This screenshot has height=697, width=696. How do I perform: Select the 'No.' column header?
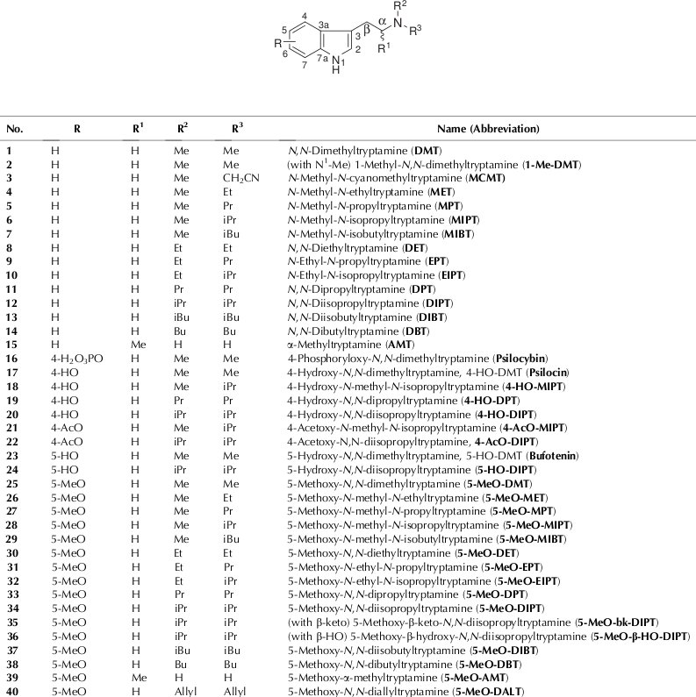click(15, 129)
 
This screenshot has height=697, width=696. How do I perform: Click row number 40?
click(15, 692)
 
